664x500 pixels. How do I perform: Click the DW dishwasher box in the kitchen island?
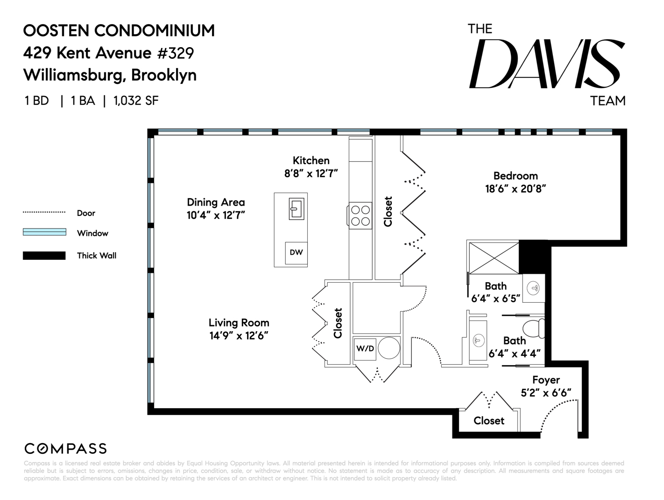click(296, 253)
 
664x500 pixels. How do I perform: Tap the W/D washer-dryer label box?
click(365, 348)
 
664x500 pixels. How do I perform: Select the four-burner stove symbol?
click(360, 216)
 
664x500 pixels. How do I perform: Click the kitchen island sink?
click(296, 208)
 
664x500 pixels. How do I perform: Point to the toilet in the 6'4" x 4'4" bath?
click(533, 329)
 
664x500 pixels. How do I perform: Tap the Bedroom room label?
click(516, 176)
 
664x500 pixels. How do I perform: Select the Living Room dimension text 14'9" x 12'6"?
click(239, 335)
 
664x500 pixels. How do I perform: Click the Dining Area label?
click(216, 202)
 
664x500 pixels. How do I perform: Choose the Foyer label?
click(546, 380)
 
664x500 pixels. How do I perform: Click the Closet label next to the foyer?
click(489, 421)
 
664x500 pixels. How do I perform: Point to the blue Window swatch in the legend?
click(44, 232)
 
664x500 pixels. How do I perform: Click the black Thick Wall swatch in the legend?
click(44, 256)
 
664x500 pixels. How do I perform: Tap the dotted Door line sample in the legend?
click(44, 212)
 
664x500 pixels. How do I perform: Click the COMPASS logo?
click(65, 449)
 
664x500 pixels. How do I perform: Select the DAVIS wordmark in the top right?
click(546, 64)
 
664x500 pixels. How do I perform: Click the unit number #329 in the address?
click(175, 53)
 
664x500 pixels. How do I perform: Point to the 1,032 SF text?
click(136, 101)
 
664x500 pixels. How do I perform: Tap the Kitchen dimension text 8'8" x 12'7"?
click(311, 174)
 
